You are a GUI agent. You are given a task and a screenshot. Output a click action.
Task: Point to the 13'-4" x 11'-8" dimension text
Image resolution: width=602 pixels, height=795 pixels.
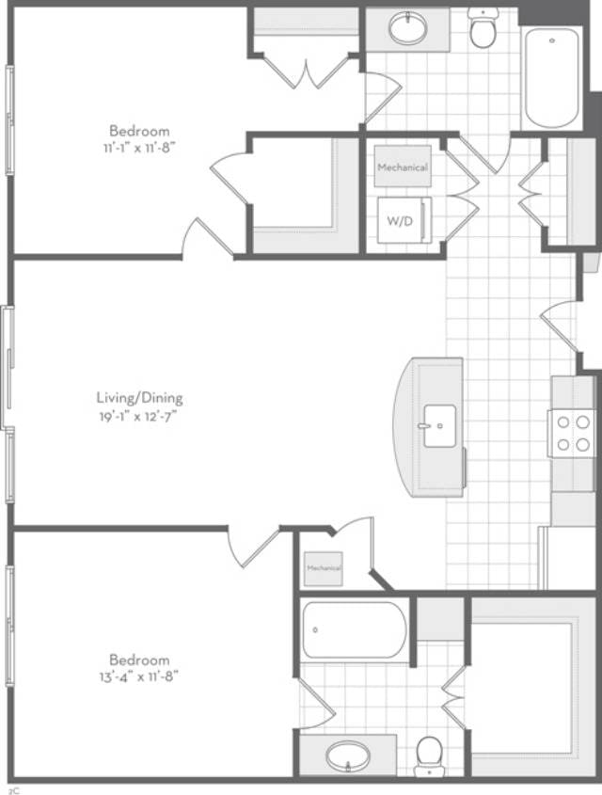[x=139, y=676]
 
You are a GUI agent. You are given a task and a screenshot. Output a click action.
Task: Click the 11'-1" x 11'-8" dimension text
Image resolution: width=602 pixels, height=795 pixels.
[x=139, y=147]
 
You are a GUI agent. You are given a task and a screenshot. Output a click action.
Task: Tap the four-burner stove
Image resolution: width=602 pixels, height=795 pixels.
[x=572, y=433]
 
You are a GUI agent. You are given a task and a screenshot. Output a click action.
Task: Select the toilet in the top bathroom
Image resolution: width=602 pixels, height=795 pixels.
[x=483, y=29]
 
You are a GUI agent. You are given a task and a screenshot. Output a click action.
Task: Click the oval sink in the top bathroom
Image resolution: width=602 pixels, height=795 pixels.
[x=407, y=29]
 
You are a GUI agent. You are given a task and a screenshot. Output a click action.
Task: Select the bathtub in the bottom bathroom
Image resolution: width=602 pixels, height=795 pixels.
[x=355, y=629]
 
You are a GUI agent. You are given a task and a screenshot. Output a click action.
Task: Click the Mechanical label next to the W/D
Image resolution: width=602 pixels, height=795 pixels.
[x=403, y=167]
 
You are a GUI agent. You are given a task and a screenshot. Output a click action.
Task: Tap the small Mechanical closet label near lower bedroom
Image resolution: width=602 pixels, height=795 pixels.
[x=323, y=569]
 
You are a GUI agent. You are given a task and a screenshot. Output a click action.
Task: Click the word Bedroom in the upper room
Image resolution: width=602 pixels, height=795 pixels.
[x=139, y=131]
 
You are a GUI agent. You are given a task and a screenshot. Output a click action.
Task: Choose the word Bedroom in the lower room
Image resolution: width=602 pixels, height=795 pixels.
[x=139, y=660]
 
